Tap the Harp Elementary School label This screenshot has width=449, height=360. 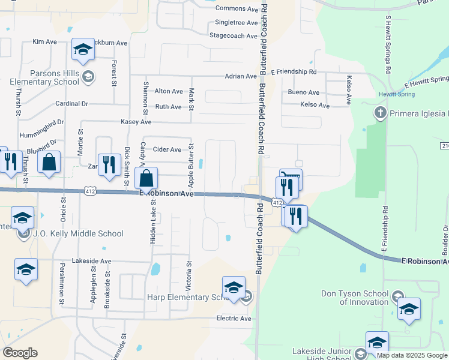(186, 297)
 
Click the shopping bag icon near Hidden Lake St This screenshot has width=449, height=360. (146, 179)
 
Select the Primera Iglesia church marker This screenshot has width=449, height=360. (379, 113)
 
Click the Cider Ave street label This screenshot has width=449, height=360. (167, 149)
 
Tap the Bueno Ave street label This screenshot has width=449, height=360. (304, 92)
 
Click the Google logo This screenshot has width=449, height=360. (20, 353)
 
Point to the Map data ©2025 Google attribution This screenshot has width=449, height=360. (412, 355)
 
